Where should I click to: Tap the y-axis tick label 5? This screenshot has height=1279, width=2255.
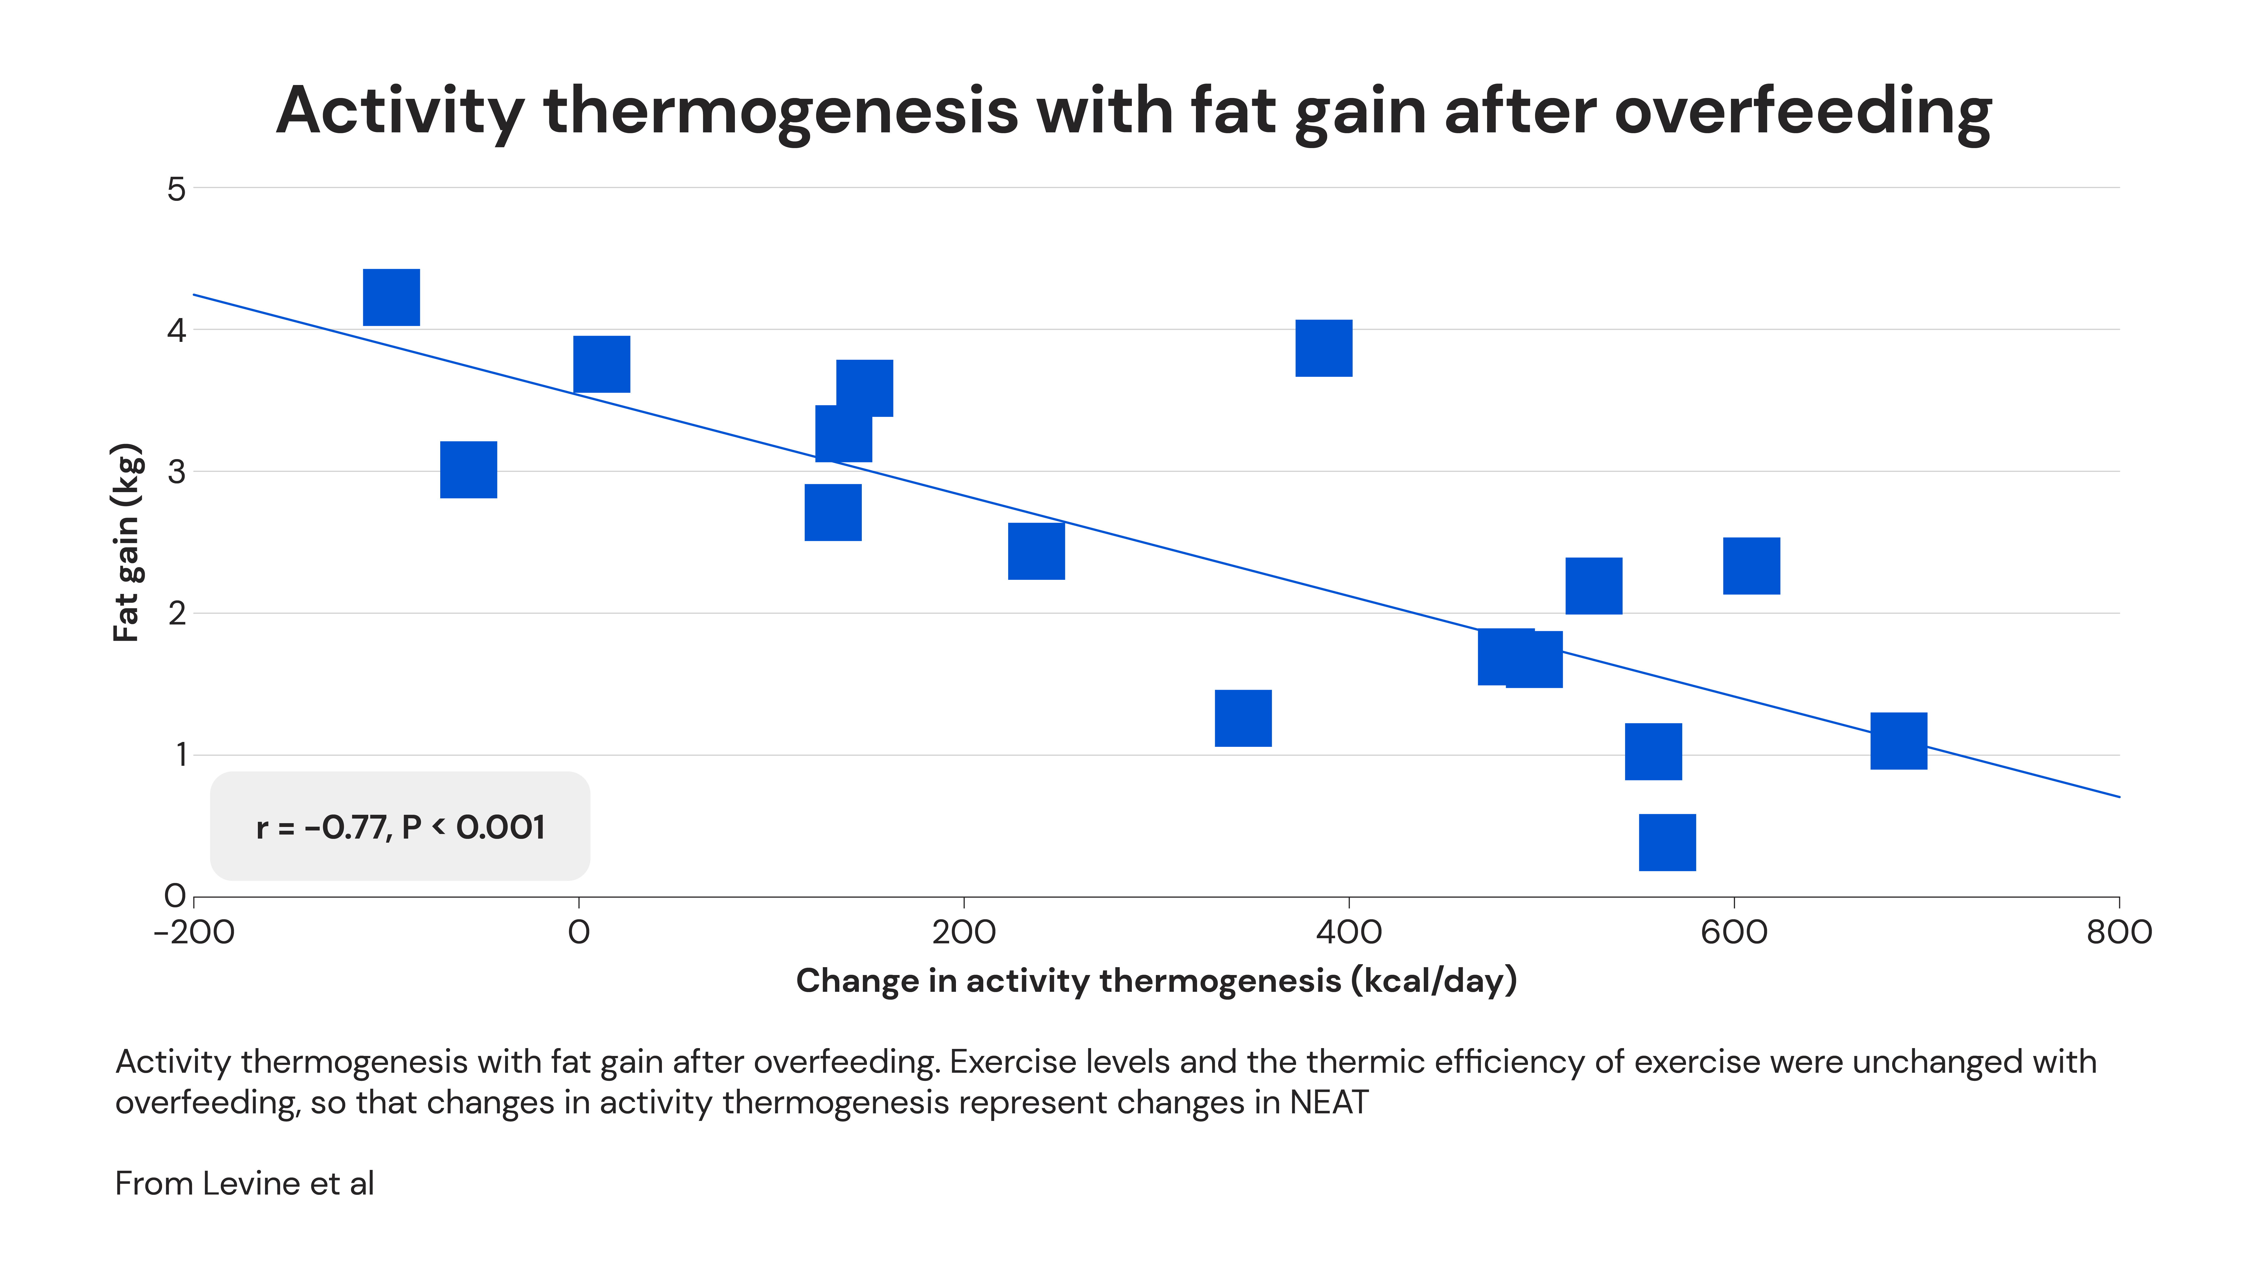[176, 189]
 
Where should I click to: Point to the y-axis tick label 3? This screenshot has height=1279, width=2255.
[176, 472]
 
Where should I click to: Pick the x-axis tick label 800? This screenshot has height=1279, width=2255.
[2119, 932]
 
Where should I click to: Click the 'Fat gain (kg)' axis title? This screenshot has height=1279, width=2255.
[127, 542]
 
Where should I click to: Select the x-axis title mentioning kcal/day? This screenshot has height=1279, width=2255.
[1156, 980]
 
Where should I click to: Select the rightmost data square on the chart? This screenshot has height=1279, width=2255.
[1898, 741]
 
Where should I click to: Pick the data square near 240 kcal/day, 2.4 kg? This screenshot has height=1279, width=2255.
[1036, 551]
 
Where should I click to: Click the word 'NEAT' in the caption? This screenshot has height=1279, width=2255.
[1329, 1103]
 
